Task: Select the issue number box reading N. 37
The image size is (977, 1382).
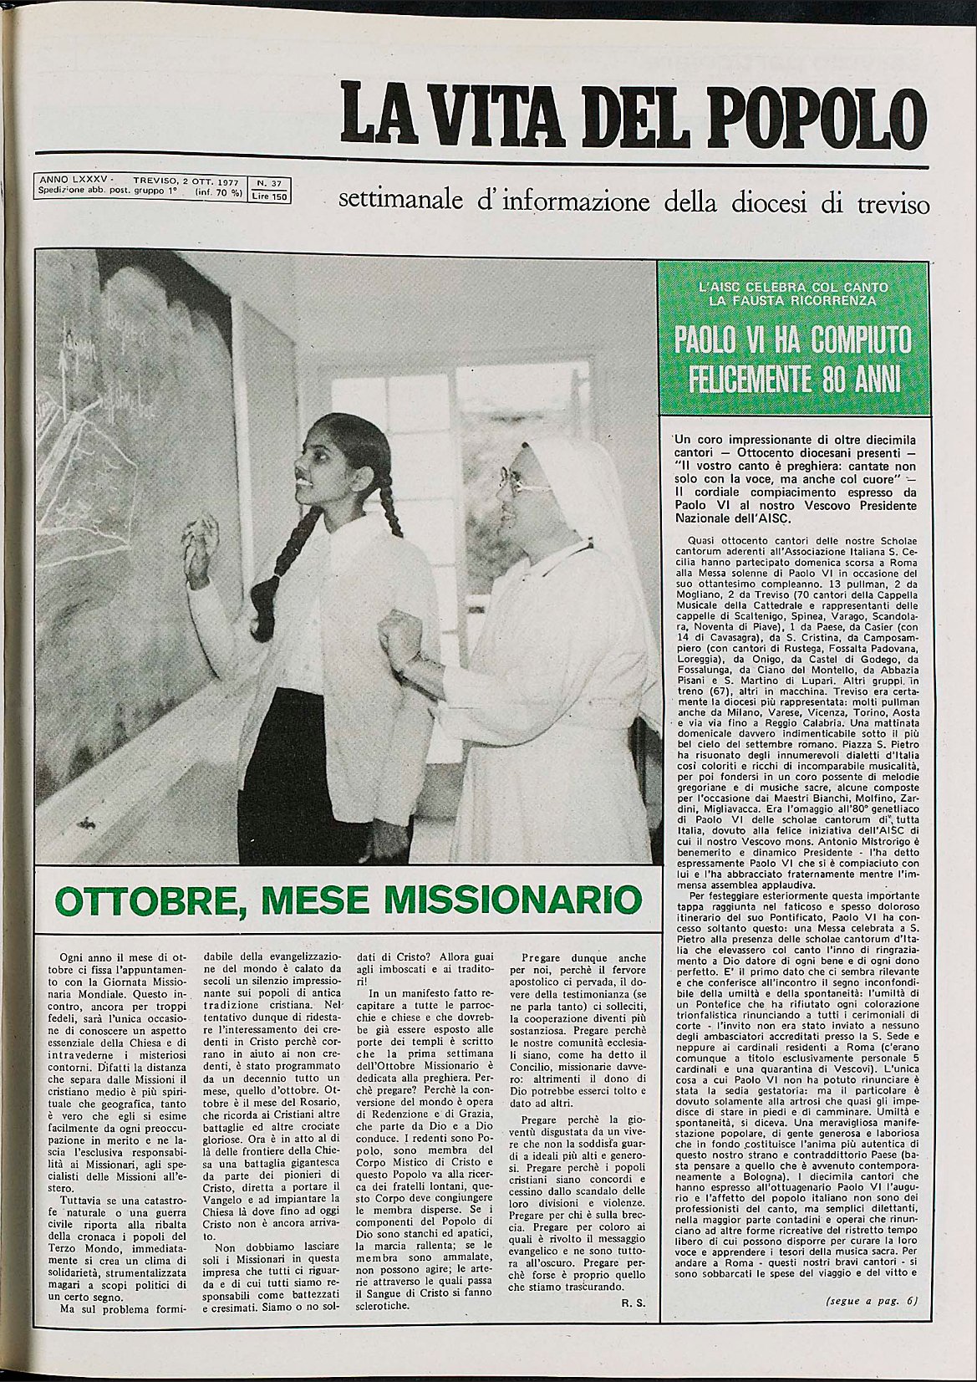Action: pos(268,181)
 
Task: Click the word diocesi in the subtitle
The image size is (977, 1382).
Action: pos(776,203)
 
